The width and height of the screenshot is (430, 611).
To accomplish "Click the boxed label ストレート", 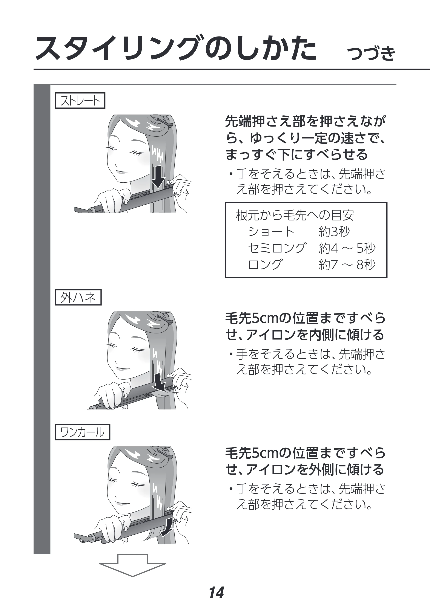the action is coord(80,100).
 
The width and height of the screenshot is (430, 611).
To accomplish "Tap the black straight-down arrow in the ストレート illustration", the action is coord(158,176).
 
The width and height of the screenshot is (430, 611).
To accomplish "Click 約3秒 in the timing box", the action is coord(334,232).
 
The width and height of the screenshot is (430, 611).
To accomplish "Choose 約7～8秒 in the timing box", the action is coord(347,265).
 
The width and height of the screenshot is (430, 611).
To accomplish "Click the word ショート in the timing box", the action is coord(271,232).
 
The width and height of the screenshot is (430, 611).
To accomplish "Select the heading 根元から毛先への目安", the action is coord(295,215).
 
